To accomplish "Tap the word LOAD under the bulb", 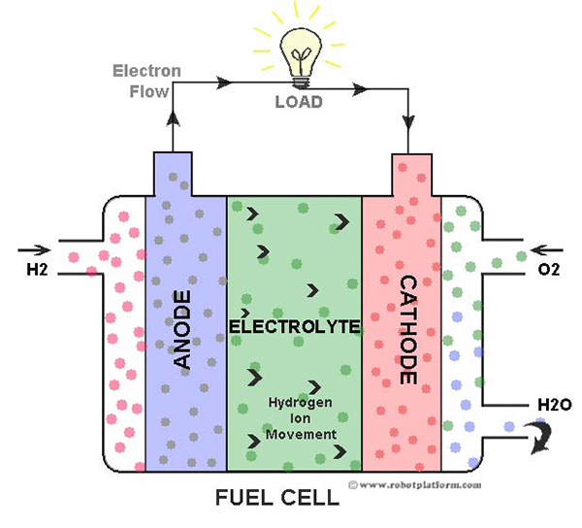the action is [299, 102].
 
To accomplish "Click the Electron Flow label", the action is [147, 81].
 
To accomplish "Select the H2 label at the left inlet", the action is [37, 269].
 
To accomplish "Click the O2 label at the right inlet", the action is [548, 269].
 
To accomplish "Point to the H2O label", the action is [555, 405].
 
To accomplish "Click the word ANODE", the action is [182, 329].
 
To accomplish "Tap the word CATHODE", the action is [408, 330].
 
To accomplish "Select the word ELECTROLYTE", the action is [295, 326].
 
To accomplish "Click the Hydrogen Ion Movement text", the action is [301, 418].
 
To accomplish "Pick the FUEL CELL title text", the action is [277, 498].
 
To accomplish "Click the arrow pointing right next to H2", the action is [34, 250].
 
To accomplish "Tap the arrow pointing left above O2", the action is [547, 251].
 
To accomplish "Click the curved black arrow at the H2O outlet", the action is [542, 438].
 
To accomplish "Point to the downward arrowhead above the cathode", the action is [408, 122].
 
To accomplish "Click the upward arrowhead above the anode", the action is [173, 118].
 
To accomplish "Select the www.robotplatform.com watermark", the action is [415, 485].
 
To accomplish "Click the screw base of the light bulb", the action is [301, 82].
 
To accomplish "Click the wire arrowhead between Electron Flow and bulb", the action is [224, 82].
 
